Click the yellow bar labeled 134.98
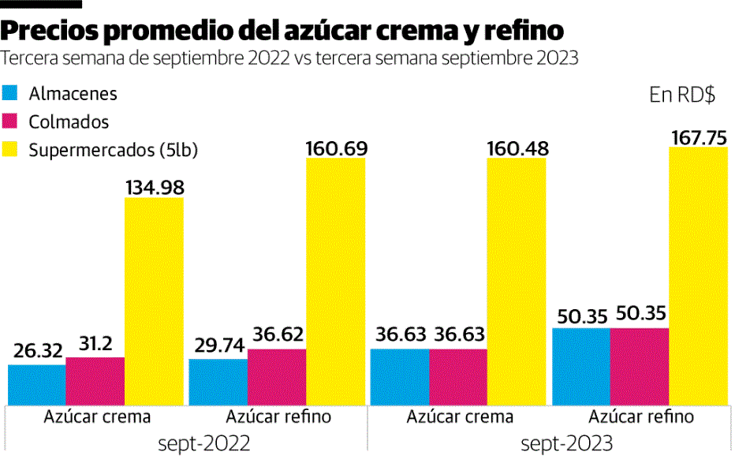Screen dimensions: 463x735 tap(154, 300)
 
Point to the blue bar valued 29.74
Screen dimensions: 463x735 tap(218, 382)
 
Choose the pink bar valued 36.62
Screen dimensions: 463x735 tap(277, 376)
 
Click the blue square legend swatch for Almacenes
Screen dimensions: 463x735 tap(10, 94)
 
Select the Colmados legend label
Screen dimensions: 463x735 tap(69, 122)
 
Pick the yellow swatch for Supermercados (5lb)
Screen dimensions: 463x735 tap(10, 150)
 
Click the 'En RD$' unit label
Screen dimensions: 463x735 tap(682, 95)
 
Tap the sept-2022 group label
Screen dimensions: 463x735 tap(187, 442)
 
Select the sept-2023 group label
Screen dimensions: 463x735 tap(550, 442)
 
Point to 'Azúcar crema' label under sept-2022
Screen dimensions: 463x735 tap(97, 416)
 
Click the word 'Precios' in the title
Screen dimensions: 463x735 tap(50, 30)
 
